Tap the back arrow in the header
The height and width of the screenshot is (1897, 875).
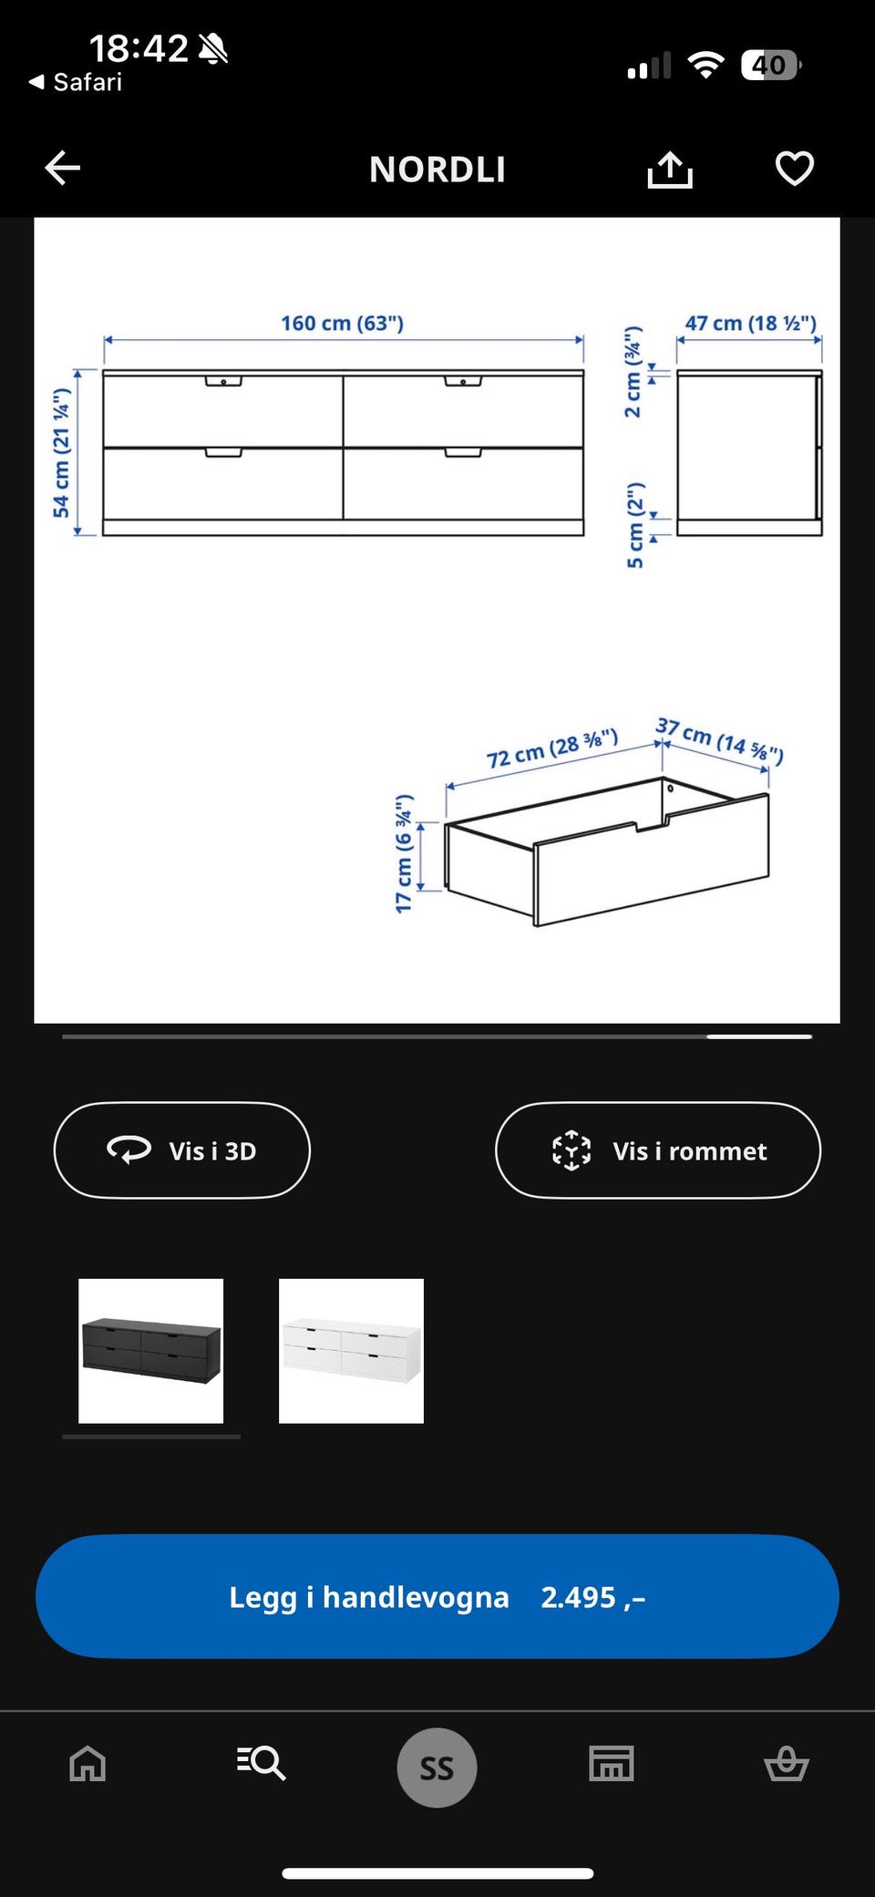[x=62, y=168]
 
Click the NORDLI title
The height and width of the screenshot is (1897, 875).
[x=437, y=170]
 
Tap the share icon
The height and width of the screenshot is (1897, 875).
[x=670, y=169]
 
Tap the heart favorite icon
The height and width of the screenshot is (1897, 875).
[x=794, y=169]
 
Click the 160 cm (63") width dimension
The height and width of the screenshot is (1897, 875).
[x=342, y=324]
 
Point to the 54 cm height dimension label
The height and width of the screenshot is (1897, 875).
[x=61, y=453]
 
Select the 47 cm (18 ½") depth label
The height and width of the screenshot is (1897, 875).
[x=751, y=324]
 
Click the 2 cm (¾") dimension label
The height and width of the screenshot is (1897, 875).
[x=633, y=372]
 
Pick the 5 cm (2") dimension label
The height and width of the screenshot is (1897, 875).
[x=635, y=525]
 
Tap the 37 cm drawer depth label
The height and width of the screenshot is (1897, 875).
[x=719, y=739]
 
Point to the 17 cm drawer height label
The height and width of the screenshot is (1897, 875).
[x=404, y=853]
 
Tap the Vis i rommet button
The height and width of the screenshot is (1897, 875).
[x=658, y=1150]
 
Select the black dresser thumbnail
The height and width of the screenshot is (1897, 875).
[x=151, y=1351]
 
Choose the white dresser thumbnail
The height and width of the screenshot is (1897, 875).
[x=351, y=1351]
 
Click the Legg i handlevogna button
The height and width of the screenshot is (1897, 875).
[x=437, y=1596]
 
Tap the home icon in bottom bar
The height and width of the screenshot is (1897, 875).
[x=87, y=1764]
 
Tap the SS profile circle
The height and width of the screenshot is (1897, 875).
[x=437, y=1768]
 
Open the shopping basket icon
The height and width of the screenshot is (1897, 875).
[x=786, y=1764]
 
